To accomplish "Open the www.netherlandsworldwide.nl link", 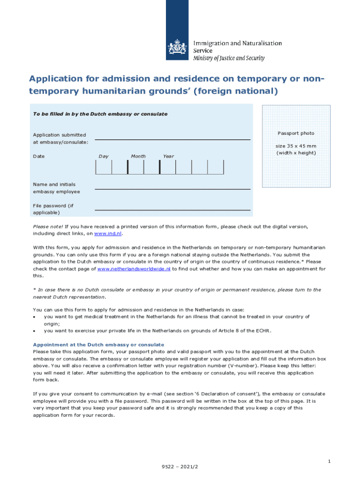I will [x=135, y=269].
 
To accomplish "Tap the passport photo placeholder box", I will [x=296, y=146].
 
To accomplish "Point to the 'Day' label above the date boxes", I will [x=103, y=156].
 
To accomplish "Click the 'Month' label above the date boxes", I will [x=138, y=156].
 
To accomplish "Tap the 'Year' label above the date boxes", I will [x=168, y=156].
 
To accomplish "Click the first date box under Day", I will [x=103, y=167].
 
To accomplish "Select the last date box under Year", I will [x=216, y=167].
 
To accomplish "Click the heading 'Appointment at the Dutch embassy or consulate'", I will [x=98, y=345].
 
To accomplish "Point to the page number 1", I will [x=329, y=462].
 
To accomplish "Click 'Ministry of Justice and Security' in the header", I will [x=229, y=58].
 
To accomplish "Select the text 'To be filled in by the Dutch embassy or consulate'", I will [x=100, y=114].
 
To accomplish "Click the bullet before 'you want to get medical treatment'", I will [x=35, y=317].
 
